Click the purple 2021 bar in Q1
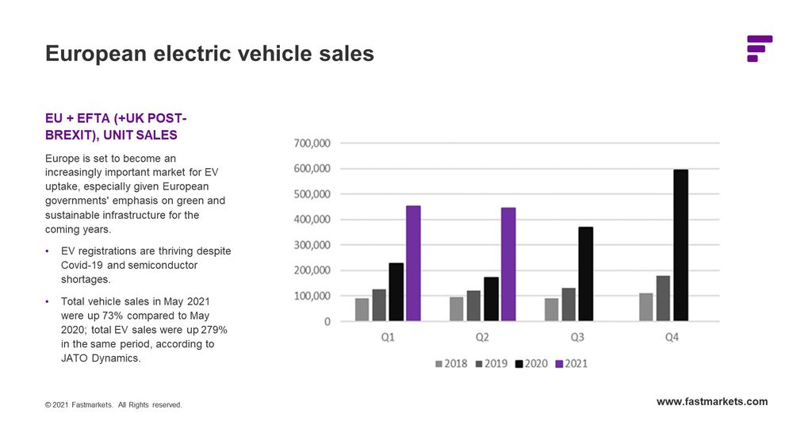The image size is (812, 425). point(413,263)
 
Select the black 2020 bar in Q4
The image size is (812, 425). point(681,245)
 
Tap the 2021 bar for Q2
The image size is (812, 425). point(508,264)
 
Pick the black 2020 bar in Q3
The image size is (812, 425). point(586,274)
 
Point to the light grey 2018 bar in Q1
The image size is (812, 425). point(362,309)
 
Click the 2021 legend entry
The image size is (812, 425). point(570,364)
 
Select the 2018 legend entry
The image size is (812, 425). point(451,364)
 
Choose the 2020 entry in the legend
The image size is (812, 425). point(531,364)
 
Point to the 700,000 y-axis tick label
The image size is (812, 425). point(313,144)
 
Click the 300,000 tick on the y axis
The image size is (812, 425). point(313,245)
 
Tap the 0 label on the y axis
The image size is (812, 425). point(326,321)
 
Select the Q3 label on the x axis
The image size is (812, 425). point(576,337)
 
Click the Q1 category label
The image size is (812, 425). point(388,337)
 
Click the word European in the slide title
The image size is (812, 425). point(96,54)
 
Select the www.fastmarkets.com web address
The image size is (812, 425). point(712,401)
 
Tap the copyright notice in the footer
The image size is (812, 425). point(113,405)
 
